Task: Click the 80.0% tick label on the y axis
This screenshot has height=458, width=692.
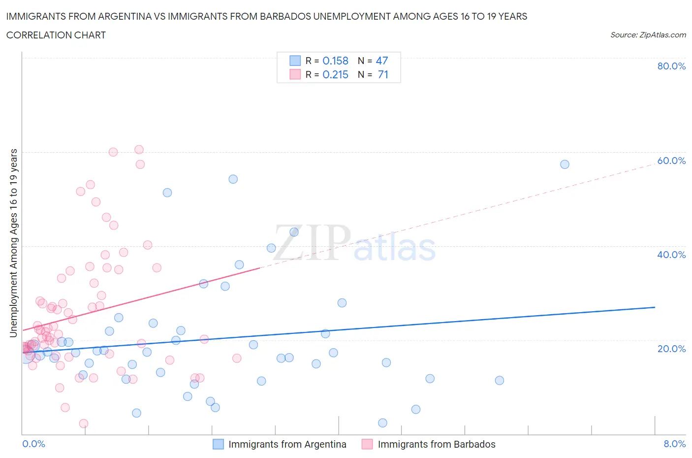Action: [x=671, y=66]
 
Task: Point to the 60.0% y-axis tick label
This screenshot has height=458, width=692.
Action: [x=671, y=161]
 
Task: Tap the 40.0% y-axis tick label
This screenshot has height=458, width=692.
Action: [x=671, y=255]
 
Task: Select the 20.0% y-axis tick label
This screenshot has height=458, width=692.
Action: [x=671, y=349]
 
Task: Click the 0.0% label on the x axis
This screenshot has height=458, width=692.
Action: [x=33, y=444]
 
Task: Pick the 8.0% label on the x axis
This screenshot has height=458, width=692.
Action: [x=674, y=444]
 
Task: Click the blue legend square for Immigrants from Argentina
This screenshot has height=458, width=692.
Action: [x=218, y=444]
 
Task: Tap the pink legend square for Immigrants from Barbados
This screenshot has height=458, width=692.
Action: [x=367, y=444]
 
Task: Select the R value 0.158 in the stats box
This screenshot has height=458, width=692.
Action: [x=335, y=61]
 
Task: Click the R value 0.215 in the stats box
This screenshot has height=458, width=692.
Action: [x=335, y=75]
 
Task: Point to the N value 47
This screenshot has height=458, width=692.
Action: [x=382, y=61]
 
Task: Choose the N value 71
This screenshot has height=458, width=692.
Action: [x=383, y=75]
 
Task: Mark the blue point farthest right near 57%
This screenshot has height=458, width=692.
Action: [x=565, y=164]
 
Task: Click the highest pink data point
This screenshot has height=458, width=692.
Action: [x=139, y=150]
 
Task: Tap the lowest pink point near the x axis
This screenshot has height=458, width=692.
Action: [x=84, y=424]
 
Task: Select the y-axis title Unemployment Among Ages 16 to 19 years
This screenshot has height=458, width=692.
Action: [x=13, y=243]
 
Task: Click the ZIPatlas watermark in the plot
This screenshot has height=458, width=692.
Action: [x=354, y=244]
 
